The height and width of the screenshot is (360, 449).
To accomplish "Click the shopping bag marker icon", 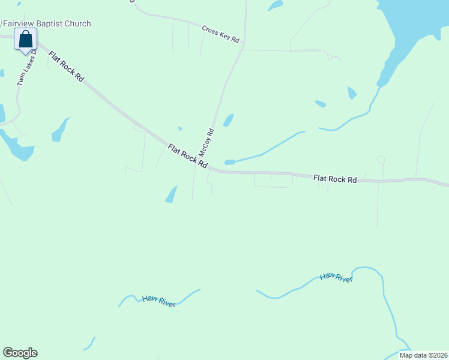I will click(25, 40).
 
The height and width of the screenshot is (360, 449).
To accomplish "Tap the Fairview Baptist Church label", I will click(47, 24).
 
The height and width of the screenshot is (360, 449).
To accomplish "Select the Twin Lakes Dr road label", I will click(28, 68).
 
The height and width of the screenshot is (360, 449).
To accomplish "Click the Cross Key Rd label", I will click(220, 34).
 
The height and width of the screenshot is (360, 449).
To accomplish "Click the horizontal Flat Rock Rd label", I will click(335, 179).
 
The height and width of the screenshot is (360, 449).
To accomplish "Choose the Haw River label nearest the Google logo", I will click(158, 301).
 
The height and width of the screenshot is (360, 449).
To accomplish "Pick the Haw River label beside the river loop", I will click(335, 277).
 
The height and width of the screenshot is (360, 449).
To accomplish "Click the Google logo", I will click(20, 353).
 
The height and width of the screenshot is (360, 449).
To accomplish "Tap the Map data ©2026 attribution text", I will click(423, 355).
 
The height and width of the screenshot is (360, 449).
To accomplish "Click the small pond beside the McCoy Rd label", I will click(228, 120).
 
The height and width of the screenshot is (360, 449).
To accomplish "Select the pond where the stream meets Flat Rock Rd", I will click(229, 162).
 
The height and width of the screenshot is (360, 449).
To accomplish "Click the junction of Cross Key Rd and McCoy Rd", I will click(243, 45).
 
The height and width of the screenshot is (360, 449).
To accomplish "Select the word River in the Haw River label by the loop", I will click(343, 279).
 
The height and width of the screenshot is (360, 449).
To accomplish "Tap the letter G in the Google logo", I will click(8, 352).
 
